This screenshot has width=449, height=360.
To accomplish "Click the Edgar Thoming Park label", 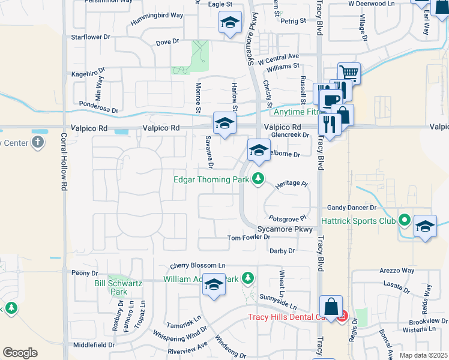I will (x=212, y=179).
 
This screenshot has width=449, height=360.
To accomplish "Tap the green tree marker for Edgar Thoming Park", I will (x=258, y=179).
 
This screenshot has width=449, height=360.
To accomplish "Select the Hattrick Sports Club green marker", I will (x=405, y=220).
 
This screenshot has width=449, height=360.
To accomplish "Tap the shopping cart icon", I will (x=349, y=73).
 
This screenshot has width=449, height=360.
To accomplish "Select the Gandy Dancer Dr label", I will (x=351, y=208).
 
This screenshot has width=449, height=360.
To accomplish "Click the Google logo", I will (x=20, y=352).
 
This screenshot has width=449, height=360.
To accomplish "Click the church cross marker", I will (x=38, y=143).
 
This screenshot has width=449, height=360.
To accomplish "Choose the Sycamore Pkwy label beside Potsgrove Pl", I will (x=285, y=229).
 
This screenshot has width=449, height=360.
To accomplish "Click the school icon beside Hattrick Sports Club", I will (x=425, y=227).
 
